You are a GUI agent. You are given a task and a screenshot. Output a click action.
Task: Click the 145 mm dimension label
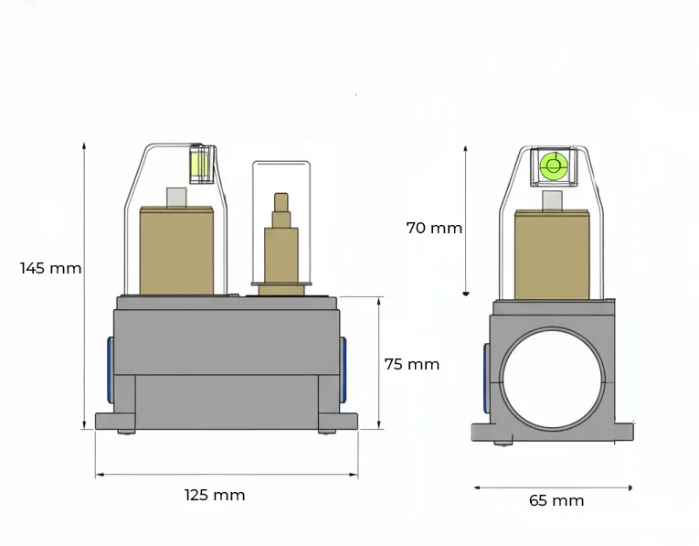(x=51, y=268)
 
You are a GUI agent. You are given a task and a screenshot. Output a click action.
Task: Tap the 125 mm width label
(x=215, y=495)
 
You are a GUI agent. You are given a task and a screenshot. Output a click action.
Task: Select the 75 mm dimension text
(x=412, y=364)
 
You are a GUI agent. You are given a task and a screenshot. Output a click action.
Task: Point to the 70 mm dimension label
(x=434, y=228)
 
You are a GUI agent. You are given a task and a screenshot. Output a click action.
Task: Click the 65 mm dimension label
(x=556, y=500)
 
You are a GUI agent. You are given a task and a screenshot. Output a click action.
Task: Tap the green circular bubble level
(x=553, y=166)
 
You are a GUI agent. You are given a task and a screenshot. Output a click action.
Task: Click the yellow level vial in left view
(x=200, y=164)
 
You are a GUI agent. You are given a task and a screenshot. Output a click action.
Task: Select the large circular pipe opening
(x=552, y=380)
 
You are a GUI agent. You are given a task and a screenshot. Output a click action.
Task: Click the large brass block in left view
(x=176, y=251)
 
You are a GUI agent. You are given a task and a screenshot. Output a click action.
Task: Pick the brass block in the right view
(x=552, y=255)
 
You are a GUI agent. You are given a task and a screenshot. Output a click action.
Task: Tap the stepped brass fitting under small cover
(x=281, y=244)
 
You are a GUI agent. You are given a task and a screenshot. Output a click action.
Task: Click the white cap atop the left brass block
(x=176, y=198)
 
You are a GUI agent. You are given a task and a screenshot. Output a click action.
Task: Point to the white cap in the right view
(x=552, y=200)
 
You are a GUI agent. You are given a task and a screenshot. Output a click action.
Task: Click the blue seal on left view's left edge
(x=111, y=369)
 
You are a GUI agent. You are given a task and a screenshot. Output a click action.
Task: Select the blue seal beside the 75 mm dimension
(x=343, y=369)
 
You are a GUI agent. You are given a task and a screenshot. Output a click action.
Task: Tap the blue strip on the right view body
(x=486, y=377)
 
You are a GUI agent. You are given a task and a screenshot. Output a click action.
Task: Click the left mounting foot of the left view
(x=115, y=421)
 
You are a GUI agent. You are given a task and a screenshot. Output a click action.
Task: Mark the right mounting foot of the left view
(x=338, y=421)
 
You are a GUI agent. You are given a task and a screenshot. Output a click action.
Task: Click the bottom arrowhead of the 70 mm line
(x=466, y=294)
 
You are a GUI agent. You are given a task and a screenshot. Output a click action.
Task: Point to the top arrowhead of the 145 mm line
(x=84, y=145)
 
